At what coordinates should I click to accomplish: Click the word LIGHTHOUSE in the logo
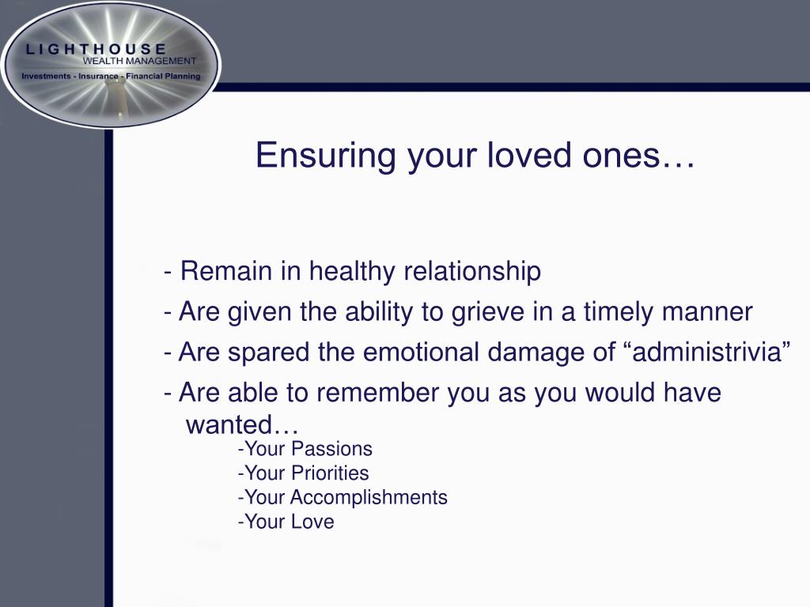pos(96,49)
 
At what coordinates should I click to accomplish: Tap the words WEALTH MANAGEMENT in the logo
pos(139,61)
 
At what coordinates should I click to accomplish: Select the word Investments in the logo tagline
pos(46,77)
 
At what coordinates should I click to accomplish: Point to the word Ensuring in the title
pos(325,156)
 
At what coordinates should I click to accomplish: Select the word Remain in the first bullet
pos(226,271)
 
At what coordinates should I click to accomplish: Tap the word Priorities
pos(330,473)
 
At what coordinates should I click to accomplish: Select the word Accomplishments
pos(369,498)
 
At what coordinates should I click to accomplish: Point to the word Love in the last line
pos(312,522)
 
